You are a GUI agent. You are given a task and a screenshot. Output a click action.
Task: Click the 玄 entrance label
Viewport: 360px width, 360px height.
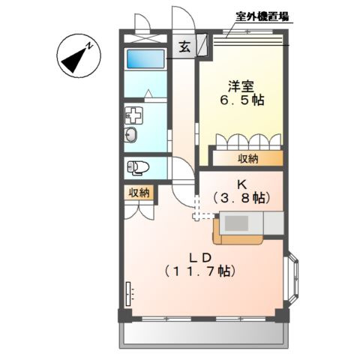point(184,46)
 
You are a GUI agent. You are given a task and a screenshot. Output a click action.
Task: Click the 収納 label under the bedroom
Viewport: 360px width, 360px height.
point(250,158)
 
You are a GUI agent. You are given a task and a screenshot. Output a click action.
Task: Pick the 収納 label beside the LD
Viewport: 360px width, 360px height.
point(139,193)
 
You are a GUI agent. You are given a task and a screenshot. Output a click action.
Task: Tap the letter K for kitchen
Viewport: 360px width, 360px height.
point(241,182)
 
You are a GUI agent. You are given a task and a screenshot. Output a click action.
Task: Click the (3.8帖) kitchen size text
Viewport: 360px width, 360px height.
point(241,197)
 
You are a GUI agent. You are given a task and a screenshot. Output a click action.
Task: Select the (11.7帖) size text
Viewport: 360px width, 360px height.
point(199,271)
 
